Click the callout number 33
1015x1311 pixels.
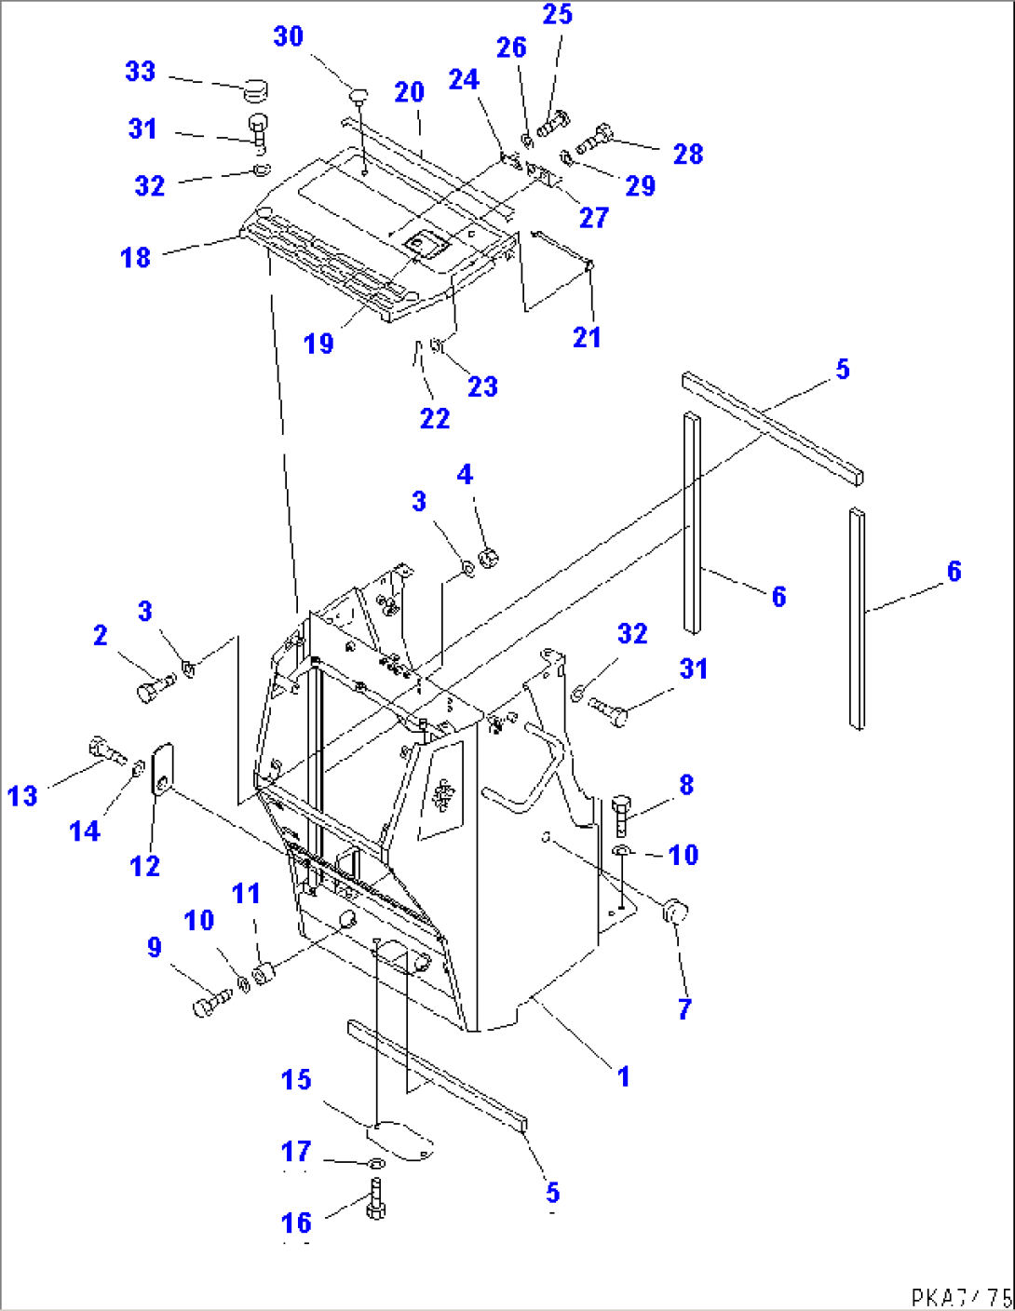pos(140,72)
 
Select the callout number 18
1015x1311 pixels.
pos(135,257)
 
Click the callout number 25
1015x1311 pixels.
pos(557,15)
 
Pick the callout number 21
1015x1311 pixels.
pos(586,337)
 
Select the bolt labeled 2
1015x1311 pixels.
pos(156,689)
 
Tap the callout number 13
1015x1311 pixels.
pos(22,796)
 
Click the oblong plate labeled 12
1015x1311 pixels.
pos(163,768)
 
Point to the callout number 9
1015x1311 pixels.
pos(155,948)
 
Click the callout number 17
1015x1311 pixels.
pos(296,1152)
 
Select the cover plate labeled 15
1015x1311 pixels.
pos(400,1142)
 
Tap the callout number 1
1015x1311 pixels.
pos(623,1076)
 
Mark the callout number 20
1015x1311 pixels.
pos(409,92)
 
